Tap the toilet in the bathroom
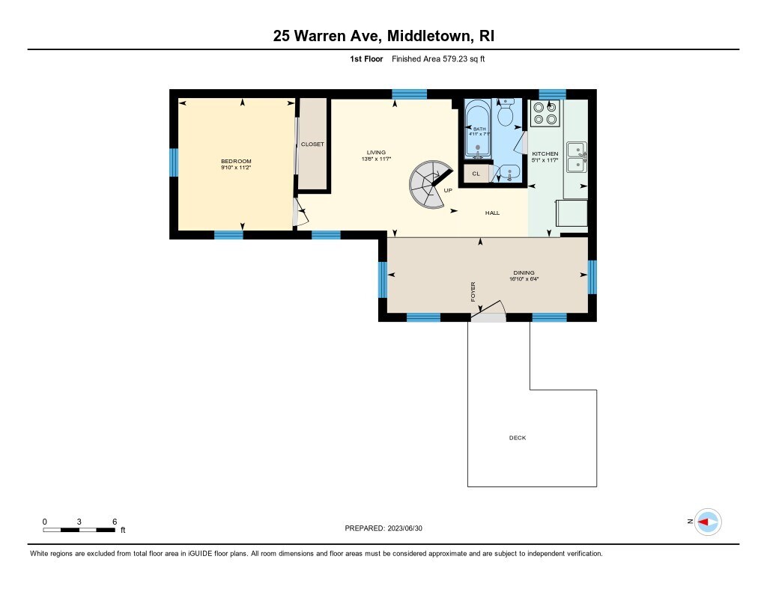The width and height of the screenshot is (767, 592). (506, 112)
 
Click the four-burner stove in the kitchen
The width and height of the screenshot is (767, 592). (545, 113)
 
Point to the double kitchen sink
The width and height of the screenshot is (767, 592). (577, 157)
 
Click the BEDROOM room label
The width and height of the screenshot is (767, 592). (236, 162)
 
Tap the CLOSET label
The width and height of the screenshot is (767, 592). (312, 144)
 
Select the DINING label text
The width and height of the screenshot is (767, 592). (524, 272)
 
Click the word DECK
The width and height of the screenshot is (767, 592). (518, 438)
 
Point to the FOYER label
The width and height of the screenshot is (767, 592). (473, 292)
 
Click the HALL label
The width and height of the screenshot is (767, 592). (493, 213)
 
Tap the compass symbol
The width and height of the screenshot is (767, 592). (708, 522)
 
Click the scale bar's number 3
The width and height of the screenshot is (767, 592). (79, 522)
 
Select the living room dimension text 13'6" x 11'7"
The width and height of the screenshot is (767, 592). (376, 159)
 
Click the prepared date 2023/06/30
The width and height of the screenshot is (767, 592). (405, 528)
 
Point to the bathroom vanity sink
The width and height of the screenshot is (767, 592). (509, 173)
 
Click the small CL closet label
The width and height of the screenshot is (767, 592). (476, 174)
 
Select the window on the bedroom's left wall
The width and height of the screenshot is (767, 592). (174, 162)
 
